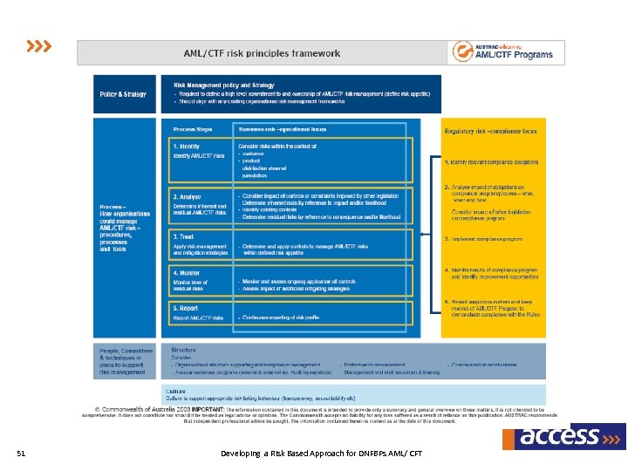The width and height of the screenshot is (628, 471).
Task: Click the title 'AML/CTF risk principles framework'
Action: pyautogui.click(x=262, y=53)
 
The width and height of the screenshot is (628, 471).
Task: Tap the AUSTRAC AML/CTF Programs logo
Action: pyautogui.click(x=502, y=51)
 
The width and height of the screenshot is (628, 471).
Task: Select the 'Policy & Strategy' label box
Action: pyautogui.click(x=123, y=94)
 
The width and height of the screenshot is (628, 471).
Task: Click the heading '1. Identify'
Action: pyautogui.click(x=188, y=146)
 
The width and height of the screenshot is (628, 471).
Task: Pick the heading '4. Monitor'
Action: pyautogui.click(x=188, y=272)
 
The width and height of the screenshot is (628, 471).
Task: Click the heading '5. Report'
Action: pyautogui.click(x=187, y=307)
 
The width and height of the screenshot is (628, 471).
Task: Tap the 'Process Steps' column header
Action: pyautogui.click(x=192, y=127)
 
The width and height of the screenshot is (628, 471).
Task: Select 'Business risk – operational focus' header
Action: pyautogui.click(x=276, y=127)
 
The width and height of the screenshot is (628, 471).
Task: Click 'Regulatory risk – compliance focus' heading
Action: pyautogui.click(x=491, y=131)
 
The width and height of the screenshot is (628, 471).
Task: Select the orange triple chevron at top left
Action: pyautogui.click(x=38, y=44)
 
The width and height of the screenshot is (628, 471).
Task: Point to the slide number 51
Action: pyautogui.click(x=22, y=454)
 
